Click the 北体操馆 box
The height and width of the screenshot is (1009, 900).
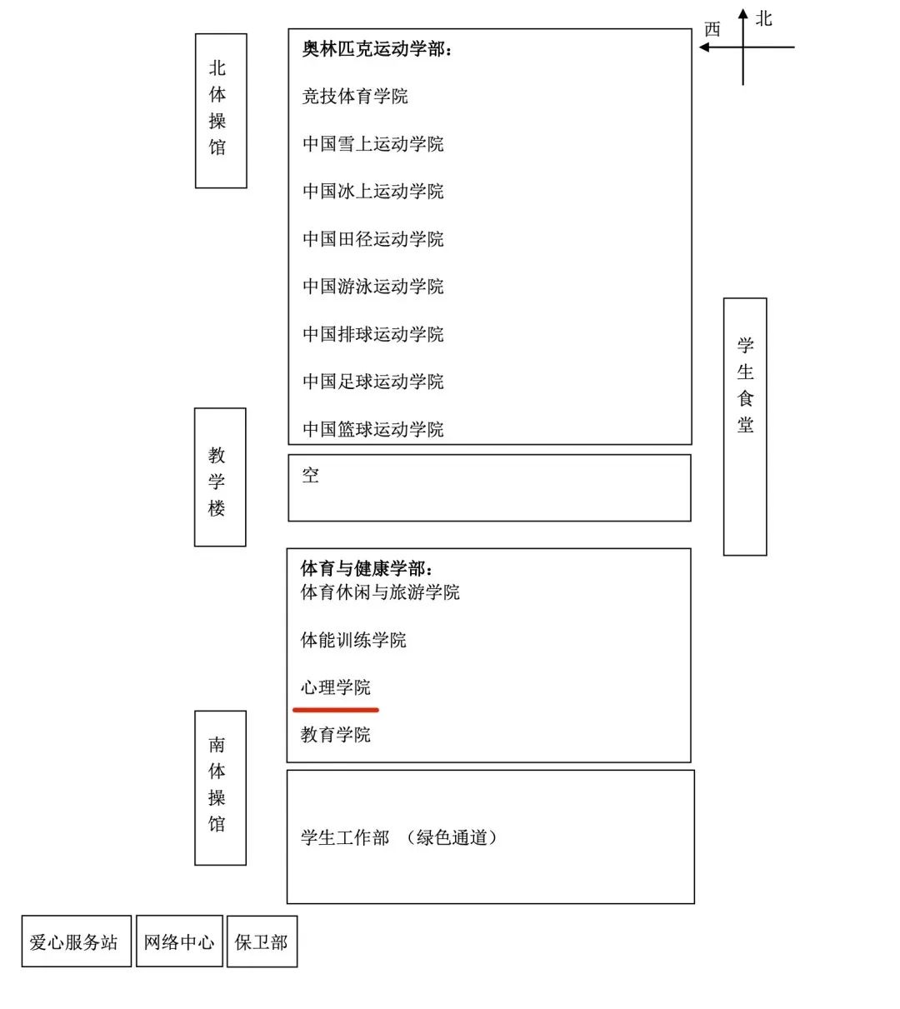coord(221,111)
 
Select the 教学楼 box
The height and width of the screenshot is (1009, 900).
coord(220,477)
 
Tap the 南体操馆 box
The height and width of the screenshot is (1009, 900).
coord(220,787)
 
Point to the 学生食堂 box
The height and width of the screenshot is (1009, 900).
coord(745,427)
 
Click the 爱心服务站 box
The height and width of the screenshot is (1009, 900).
coord(76,941)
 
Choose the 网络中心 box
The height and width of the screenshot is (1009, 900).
coord(179,941)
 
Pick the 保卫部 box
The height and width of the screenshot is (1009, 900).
coord(262,942)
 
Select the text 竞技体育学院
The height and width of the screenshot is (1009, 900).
coord(355,96)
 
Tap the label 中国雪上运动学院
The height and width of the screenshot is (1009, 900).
coord(372,144)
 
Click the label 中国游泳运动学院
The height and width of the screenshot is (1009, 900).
coord(372,287)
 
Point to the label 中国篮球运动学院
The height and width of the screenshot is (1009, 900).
coord(372,429)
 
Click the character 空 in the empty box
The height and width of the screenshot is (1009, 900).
coord(310,475)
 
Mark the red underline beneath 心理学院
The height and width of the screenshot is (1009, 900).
coord(336,710)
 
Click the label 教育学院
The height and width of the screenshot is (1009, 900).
coord(335,735)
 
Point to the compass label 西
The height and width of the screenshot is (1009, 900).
coord(712,29)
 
